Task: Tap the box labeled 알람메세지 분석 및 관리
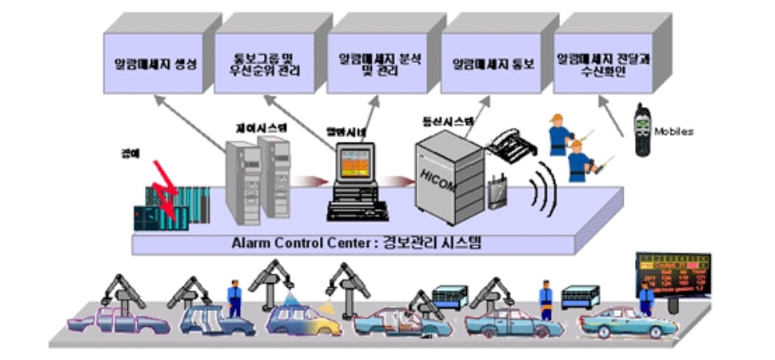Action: coord(374,62)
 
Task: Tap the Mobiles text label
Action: coord(674,132)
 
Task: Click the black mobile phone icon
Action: coord(643,129)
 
